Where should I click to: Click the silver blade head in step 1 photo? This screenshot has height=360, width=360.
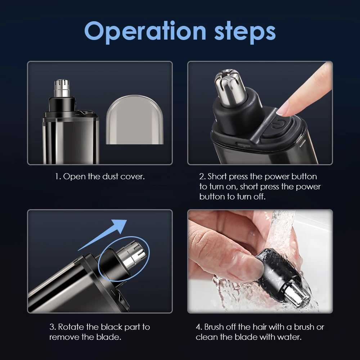[62, 88]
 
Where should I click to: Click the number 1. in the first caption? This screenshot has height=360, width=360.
[58, 177]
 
